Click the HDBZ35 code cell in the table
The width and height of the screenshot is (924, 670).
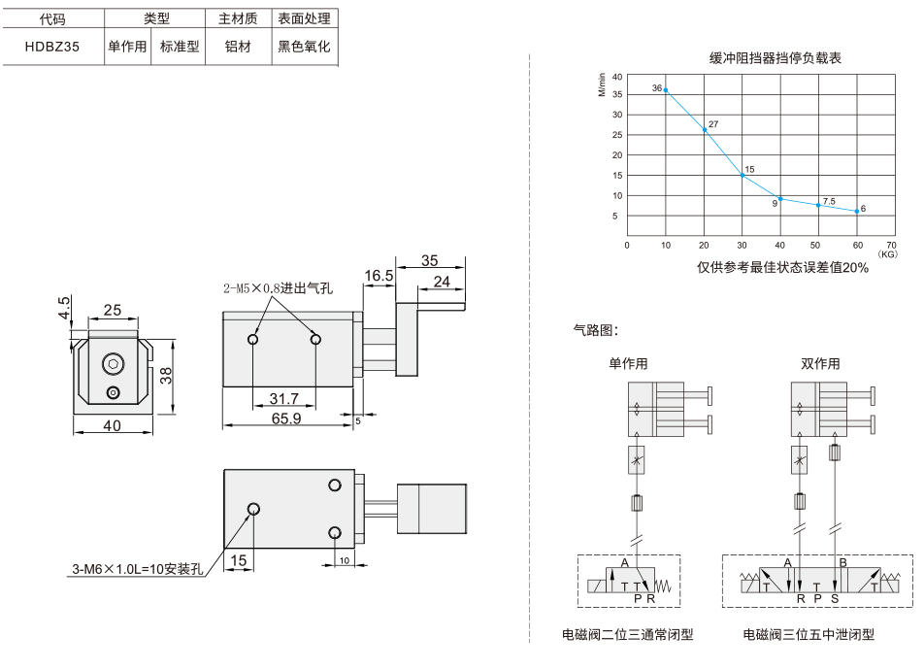[51, 47]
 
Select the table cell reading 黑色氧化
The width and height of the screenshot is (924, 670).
[304, 47]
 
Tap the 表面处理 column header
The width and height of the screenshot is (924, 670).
[304, 18]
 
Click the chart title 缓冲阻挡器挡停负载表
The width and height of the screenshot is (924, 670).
[775, 58]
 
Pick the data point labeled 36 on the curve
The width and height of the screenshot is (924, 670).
[666, 90]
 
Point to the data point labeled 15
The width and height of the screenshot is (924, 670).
[742, 175]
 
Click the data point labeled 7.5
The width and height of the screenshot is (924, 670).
[818, 205]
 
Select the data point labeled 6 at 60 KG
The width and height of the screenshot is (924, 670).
[857, 211]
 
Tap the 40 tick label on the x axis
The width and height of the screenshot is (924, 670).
[780, 246]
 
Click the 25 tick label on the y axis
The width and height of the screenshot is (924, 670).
[617, 134]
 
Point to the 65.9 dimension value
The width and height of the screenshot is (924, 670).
[286, 419]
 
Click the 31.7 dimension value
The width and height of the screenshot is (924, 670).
[284, 399]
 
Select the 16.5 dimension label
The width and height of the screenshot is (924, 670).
[379, 276]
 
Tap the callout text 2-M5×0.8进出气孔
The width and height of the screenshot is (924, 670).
[279, 288]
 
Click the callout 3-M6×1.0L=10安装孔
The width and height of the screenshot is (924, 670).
[138, 569]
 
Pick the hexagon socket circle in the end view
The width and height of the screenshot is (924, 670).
[114, 364]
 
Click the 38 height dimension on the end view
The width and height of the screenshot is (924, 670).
[167, 376]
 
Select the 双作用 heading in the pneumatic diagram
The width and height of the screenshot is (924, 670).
[820, 364]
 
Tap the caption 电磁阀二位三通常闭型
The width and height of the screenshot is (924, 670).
[628, 635]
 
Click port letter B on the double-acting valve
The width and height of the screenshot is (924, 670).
[843, 562]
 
